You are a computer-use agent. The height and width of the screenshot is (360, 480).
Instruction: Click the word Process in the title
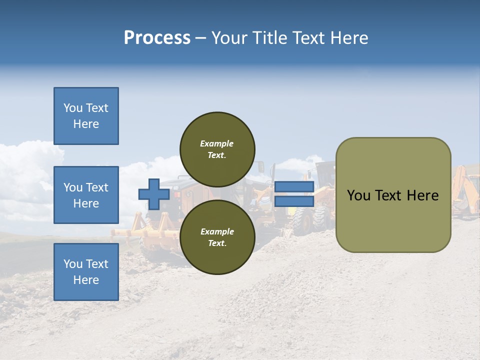157,37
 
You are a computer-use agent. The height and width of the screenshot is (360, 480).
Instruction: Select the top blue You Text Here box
86,116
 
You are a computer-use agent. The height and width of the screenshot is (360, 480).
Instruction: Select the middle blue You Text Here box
86,195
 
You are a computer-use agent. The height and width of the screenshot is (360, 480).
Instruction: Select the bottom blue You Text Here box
86,272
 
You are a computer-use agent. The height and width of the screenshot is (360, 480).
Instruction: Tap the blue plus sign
153,194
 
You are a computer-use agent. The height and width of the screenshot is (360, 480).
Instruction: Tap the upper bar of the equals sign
294,186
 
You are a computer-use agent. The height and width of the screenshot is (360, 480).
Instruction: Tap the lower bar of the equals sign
294,201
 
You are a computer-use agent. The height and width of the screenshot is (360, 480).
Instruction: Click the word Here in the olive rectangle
422,195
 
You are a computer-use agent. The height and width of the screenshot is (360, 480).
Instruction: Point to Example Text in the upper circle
217,149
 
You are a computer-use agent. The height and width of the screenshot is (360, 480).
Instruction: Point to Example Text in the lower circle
217,237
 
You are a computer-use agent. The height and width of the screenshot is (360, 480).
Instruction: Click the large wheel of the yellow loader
303,220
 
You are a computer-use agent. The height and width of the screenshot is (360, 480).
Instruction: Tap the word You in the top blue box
73,108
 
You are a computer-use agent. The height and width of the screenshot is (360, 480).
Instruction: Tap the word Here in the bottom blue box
86,280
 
